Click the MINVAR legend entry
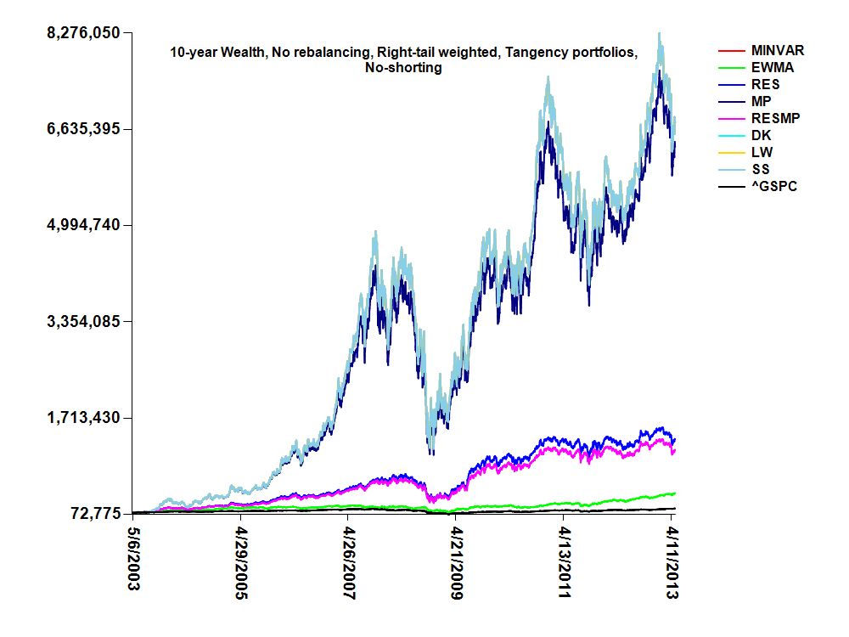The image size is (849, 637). tap(777, 51)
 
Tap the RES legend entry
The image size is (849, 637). tap(765, 85)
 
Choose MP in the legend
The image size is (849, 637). tap(762, 102)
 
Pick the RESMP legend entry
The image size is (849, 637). tap(773, 119)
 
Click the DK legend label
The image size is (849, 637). tap(762, 136)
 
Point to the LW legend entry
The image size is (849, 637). tap(762, 153)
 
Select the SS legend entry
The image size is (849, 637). tap(762, 170)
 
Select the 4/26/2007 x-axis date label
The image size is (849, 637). tap(349, 566)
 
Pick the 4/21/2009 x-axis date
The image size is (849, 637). tap(457, 566)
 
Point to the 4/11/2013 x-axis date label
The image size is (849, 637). tap(672, 566)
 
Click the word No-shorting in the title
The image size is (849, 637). tap(402, 68)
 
